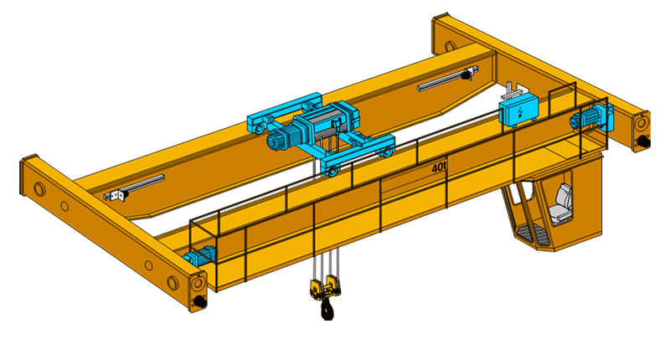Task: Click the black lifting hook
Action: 327,309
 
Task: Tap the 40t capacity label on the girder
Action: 438,167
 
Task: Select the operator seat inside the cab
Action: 561,204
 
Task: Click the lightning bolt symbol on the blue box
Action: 520,112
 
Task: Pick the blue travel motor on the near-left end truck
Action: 199,255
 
